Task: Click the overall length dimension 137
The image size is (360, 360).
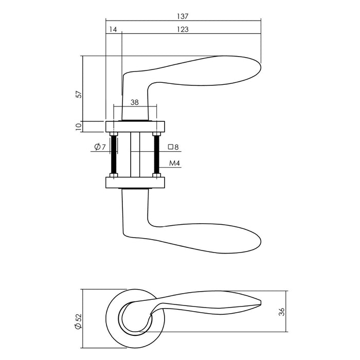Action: tap(183, 15)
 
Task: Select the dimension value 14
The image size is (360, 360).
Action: tap(113, 30)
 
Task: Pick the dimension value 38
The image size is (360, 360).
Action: tap(134, 102)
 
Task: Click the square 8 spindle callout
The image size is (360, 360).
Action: tap(173, 148)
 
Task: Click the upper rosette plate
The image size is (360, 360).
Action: tap(135, 126)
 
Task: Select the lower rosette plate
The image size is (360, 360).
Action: tap(135, 183)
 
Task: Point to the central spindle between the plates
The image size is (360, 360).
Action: tap(135, 154)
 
